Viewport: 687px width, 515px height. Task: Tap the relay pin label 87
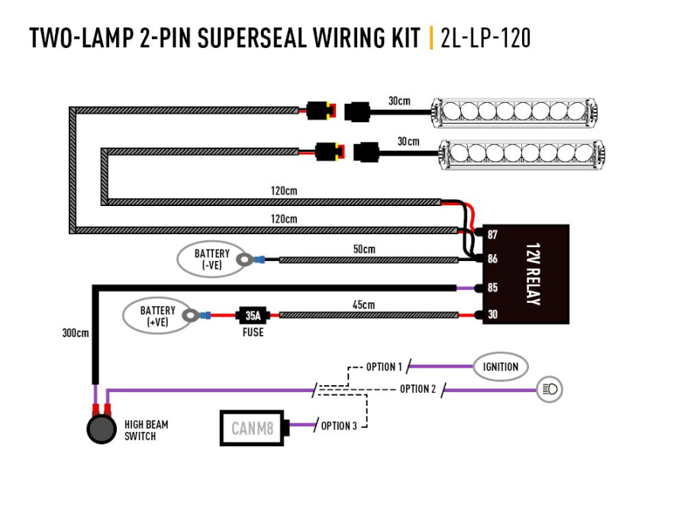point(492,234)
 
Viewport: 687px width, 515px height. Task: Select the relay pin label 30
point(492,314)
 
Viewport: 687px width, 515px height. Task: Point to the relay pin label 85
point(492,288)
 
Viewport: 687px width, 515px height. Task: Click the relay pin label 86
point(492,259)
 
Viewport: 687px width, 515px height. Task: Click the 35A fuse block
point(252,314)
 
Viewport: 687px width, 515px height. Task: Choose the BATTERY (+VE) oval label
point(157,316)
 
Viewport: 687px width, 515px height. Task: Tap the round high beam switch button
point(102,430)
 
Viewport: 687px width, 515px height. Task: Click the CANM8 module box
point(252,428)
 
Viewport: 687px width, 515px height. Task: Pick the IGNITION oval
point(500,367)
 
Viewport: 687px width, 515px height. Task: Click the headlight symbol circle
point(550,389)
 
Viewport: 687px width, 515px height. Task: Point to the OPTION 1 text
point(383,367)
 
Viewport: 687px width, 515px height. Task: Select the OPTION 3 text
point(338,426)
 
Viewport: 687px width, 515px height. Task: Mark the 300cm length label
point(75,333)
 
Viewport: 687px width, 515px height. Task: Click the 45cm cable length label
point(363,304)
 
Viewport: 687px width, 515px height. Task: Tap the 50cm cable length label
point(363,249)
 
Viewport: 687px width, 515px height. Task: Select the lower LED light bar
point(521,154)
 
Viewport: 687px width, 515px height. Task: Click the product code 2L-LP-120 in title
point(485,39)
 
